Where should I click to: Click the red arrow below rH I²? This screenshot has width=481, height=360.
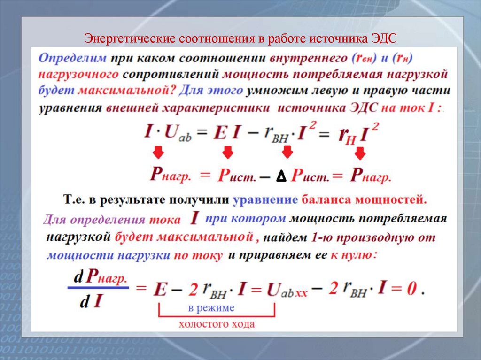point(360,153)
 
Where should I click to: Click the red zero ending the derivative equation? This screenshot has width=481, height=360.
point(412,289)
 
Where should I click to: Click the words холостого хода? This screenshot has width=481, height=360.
point(217,324)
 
